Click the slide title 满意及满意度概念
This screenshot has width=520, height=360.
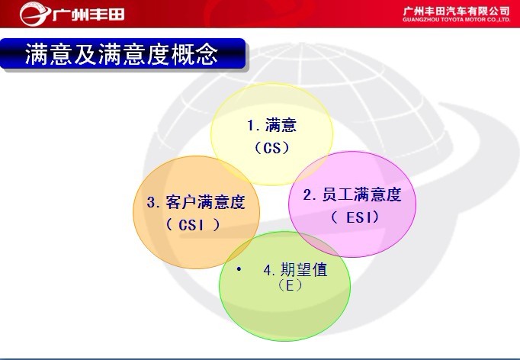click(x=122, y=53)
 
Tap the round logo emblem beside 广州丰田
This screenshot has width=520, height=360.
click(x=34, y=14)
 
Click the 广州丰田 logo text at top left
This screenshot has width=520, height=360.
click(x=88, y=14)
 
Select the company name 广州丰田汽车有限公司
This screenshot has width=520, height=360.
click(x=456, y=11)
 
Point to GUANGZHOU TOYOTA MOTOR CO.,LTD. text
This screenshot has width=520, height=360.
click(x=456, y=20)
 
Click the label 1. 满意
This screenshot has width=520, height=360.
click(x=272, y=125)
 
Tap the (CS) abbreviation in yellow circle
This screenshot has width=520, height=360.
click(x=272, y=148)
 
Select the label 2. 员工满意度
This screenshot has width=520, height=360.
click(x=352, y=194)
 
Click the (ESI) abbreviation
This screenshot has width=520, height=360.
click(x=355, y=217)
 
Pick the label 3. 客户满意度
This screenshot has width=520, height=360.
click(x=196, y=202)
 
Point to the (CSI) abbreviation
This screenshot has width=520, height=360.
click(x=193, y=225)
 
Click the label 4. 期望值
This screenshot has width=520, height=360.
click(x=296, y=270)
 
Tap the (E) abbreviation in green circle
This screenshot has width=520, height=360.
click(x=290, y=285)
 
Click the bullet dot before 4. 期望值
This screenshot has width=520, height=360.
click(x=239, y=269)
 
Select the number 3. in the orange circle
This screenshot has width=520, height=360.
click(x=154, y=202)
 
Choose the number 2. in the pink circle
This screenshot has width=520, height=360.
click(x=310, y=194)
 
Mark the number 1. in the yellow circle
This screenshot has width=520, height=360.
click(x=254, y=126)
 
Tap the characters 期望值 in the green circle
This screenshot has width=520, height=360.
click(x=304, y=270)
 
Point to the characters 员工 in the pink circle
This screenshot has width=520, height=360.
click(x=337, y=194)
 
